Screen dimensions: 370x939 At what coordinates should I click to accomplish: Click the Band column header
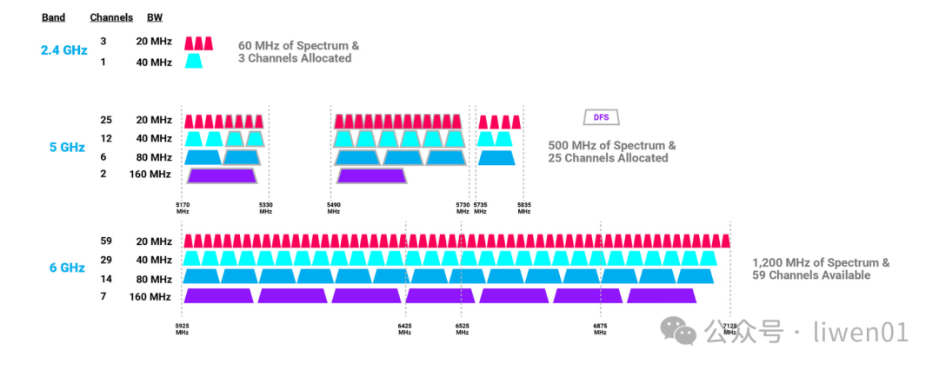[53, 17]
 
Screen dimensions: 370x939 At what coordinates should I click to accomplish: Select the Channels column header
[111, 17]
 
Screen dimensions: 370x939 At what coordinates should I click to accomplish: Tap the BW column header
[154, 17]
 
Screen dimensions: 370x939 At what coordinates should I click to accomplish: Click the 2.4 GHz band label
[63, 50]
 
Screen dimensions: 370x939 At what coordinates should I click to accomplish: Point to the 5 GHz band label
[67, 148]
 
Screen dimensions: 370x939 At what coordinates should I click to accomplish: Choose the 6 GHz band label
[67, 268]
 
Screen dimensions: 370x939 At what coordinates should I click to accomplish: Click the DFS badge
[601, 117]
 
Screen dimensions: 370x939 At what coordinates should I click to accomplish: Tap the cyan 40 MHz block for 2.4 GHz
[194, 62]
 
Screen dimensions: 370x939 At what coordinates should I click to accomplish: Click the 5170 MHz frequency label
[183, 208]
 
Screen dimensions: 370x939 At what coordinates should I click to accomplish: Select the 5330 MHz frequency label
[266, 208]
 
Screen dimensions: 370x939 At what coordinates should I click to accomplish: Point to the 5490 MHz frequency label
[334, 208]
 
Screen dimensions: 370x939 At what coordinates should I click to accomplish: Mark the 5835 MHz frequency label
[523, 208]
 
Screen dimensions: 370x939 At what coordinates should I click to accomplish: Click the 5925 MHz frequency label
[182, 328]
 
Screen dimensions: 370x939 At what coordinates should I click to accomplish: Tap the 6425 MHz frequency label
[405, 328]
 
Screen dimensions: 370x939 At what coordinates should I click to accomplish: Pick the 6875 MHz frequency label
[600, 328]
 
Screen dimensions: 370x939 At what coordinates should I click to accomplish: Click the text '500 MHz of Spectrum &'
[611, 146]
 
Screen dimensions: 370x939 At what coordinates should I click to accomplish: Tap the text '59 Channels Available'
[811, 275]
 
